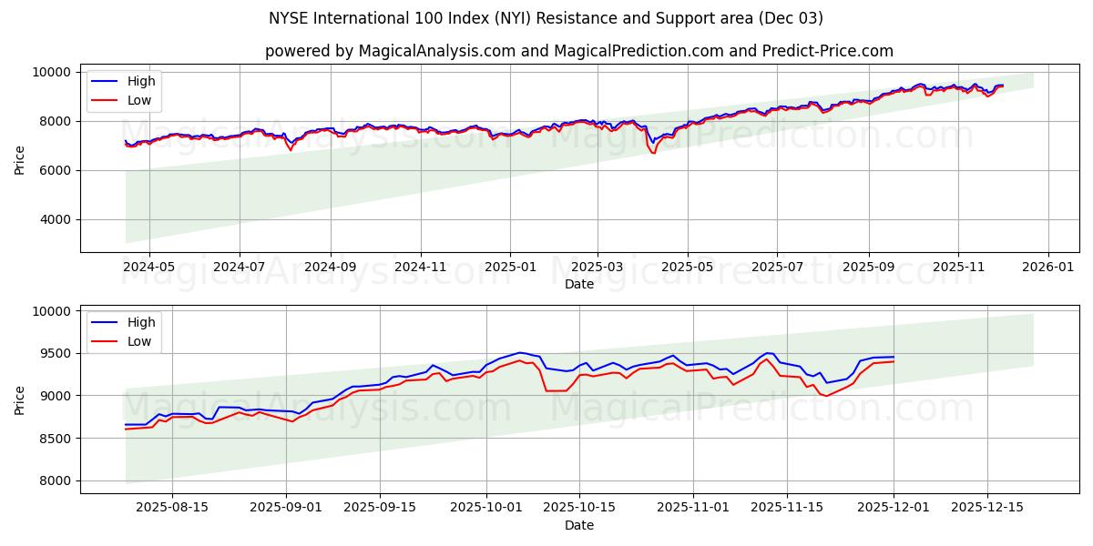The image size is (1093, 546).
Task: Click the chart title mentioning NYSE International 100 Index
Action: (x=546, y=18)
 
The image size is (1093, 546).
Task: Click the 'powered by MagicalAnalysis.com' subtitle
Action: (x=578, y=51)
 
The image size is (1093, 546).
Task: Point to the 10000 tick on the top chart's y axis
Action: (x=52, y=72)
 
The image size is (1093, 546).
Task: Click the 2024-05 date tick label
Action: (x=148, y=268)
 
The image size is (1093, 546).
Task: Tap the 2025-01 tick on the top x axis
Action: (x=509, y=268)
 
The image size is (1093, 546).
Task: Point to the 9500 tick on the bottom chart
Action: (x=56, y=353)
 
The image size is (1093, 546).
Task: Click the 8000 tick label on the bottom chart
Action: (x=56, y=480)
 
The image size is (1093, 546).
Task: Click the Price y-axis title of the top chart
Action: (x=20, y=158)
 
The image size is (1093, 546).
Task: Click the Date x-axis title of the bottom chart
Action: (x=578, y=525)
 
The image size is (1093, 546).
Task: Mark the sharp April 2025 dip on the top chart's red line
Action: (x=653, y=152)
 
